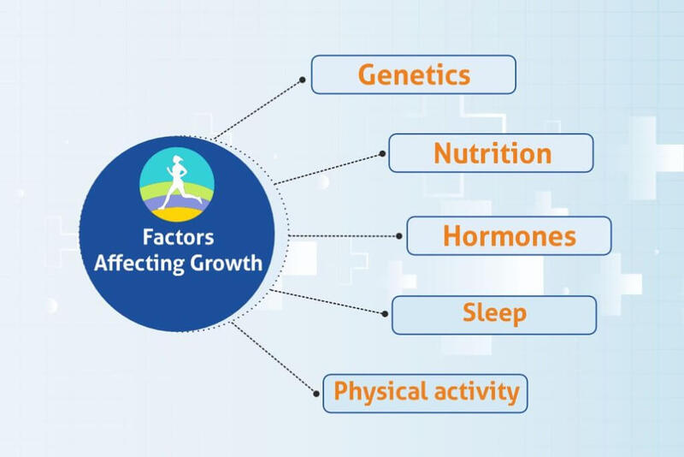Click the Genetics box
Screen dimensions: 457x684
tap(413, 74)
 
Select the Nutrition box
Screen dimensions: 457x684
tap(491, 153)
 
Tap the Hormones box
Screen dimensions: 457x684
tap(509, 235)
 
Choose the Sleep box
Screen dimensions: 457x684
tap(494, 314)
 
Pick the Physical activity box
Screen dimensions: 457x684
tap(425, 393)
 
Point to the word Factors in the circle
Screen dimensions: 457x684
tap(179, 238)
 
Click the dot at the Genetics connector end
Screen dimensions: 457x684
tap(303, 80)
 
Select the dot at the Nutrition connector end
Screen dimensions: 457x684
tap(381, 154)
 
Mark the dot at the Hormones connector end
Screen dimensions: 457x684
tap(399, 235)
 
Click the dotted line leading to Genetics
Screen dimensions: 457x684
tap(256, 110)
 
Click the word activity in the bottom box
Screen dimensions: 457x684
tap(476, 393)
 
